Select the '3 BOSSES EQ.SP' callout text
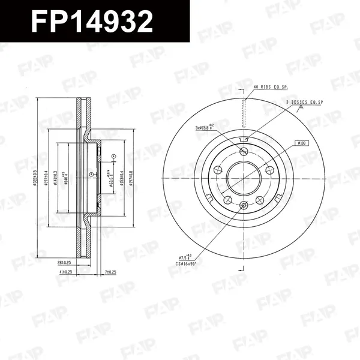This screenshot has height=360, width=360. click(305, 103)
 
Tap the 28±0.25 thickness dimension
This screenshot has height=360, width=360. click(64, 263)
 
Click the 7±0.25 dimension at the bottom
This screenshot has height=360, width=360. click(110, 272)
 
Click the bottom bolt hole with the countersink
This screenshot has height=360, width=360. click(244, 207)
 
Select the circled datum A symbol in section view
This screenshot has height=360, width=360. click(91, 174)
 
